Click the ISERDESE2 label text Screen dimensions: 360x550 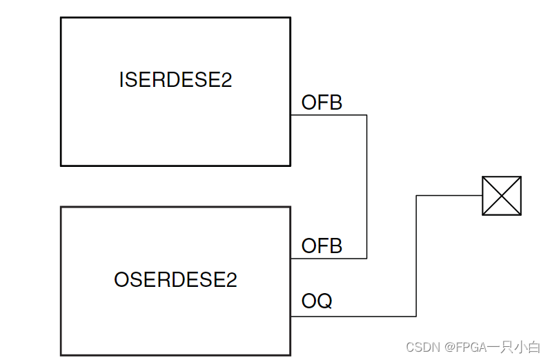(x=175, y=80)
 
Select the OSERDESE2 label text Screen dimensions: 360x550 (x=175, y=280)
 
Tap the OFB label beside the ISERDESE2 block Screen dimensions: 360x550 (x=322, y=103)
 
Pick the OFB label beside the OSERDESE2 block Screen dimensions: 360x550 (x=322, y=246)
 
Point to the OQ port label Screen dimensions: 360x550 (x=317, y=301)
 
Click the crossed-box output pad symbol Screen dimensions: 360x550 (x=501, y=196)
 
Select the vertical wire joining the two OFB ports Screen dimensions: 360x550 (x=366, y=186)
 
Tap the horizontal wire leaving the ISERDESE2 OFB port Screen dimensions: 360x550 (x=328, y=115)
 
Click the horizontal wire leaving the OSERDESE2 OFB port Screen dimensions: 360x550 (x=328, y=259)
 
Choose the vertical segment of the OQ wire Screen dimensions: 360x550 (x=416, y=256)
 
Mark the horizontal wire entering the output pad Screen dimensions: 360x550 (x=449, y=196)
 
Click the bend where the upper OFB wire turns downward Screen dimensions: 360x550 (x=366, y=115)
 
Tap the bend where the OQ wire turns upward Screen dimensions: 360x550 (x=416, y=317)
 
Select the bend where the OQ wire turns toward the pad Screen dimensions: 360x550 (x=416, y=196)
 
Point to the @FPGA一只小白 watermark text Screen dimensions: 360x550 (x=492, y=347)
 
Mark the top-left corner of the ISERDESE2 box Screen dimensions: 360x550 (x=61, y=18)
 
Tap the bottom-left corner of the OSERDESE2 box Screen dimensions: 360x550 (x=61, y=355)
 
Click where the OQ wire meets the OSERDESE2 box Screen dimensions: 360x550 (x=291, y=317)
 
